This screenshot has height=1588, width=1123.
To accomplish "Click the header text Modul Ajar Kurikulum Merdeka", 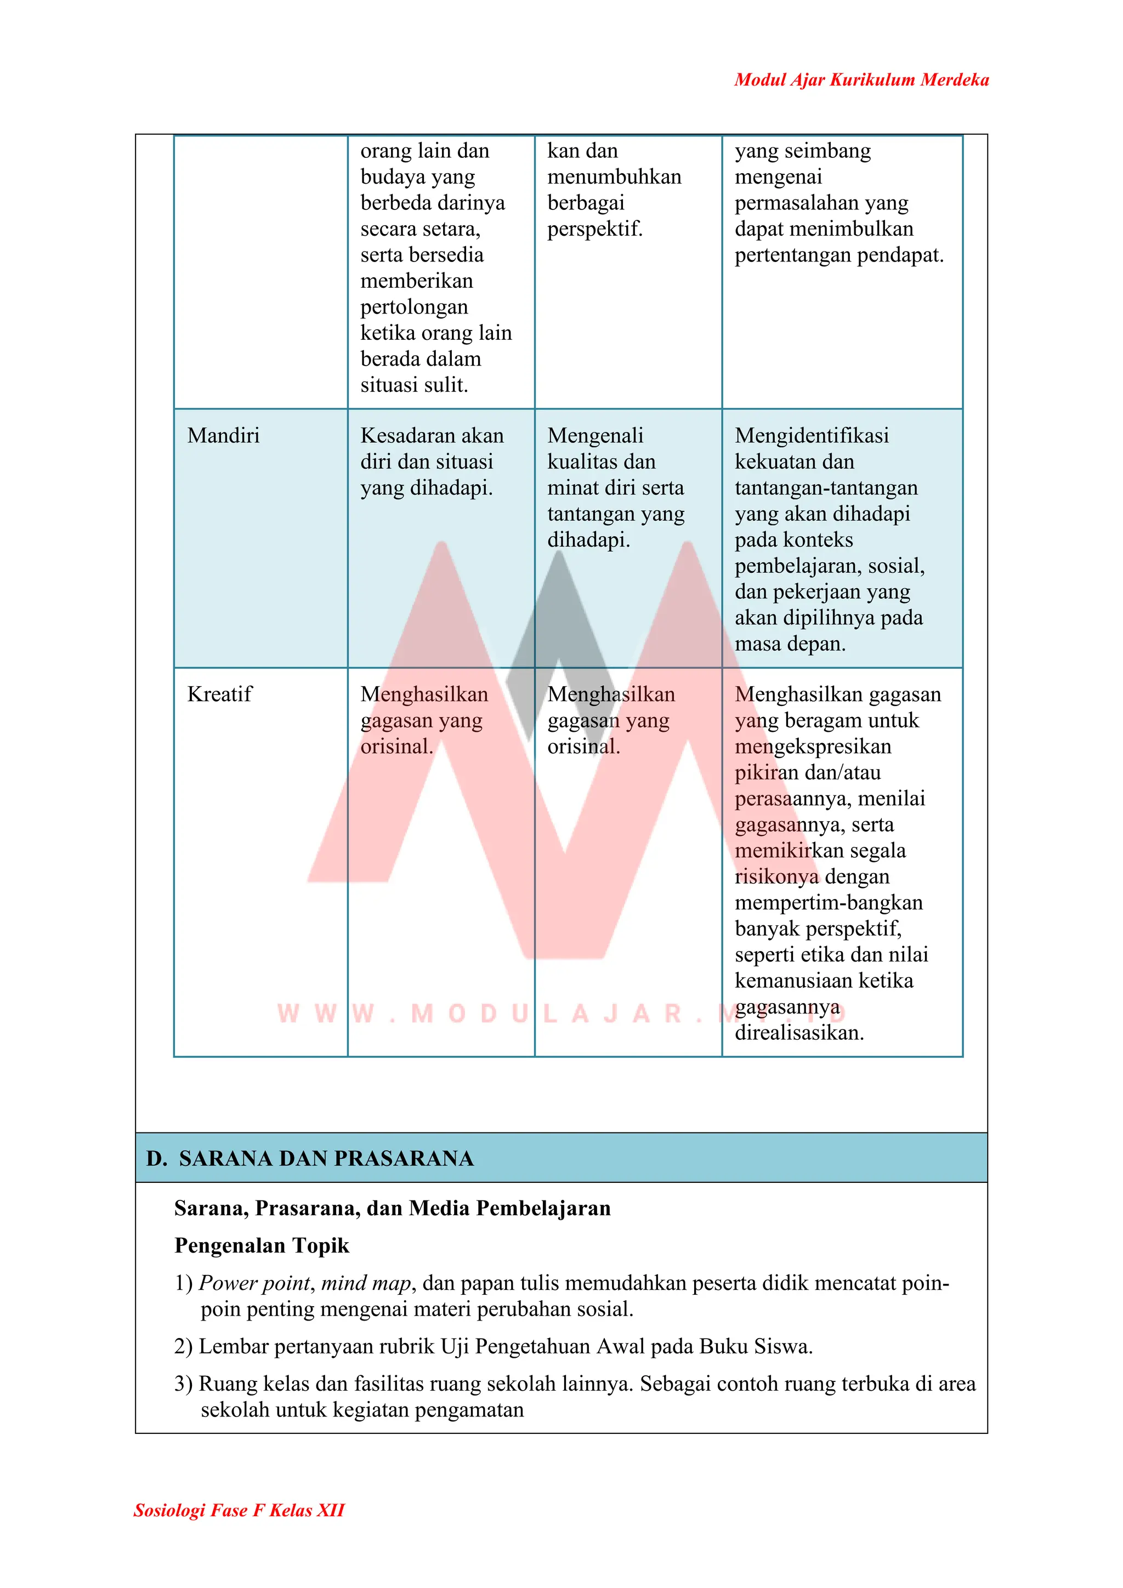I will pos(861,80).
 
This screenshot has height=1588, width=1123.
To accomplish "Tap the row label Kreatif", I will pos(219,695).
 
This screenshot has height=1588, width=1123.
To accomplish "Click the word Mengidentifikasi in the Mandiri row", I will pos(811,436).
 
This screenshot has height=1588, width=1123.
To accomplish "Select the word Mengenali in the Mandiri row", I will pos(595,436).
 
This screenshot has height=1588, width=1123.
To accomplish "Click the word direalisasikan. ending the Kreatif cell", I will pos(798,1033).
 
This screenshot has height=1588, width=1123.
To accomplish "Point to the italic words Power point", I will pos(254,1284).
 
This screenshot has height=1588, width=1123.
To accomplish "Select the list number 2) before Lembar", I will pos(183,1347).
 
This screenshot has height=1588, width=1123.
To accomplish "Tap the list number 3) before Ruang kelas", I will pos(183,1384).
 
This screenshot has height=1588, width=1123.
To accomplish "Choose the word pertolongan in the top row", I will pos(414,307).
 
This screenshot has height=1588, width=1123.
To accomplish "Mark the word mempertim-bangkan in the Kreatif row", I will pos(828,903).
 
